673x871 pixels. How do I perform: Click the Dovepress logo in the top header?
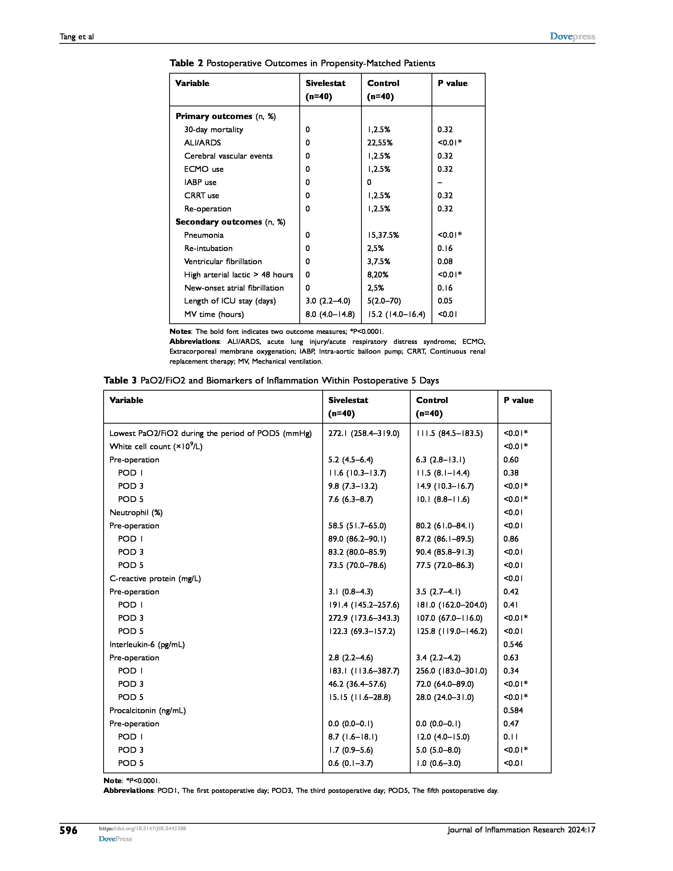tap(572, 36)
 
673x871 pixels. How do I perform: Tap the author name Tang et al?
tap(77, 37)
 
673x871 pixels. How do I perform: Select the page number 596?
tap(69, 830)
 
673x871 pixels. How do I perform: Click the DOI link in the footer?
tap(142, 828)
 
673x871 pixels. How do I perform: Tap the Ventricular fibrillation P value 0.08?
tap(445, 262)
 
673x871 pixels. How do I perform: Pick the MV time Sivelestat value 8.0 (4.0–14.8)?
tap(330, 314)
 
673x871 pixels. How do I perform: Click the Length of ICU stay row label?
tap(230, 301)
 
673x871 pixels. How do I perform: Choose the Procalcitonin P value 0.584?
tap(513, 710)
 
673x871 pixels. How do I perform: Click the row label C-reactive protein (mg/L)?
tap(155, 579)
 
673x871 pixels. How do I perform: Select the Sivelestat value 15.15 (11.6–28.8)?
tap(359, 697)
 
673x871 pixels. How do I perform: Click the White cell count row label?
tap(156, 447)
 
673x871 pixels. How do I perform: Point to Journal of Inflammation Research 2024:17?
tap(521, 830)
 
